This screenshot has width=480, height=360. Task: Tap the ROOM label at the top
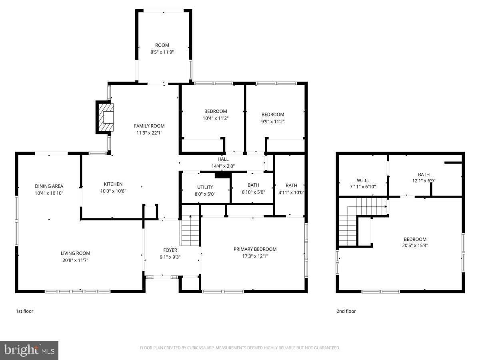pyautogui.click(x=162, y=45)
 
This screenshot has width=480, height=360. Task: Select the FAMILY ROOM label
pyautogui.click(x=149, y=126)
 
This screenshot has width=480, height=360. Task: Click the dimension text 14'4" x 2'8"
pyautogui.click(x=223, y=166)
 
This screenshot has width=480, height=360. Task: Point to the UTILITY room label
pyautogui.click(x=205, y=187)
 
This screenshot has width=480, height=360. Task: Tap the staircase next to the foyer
pyautogui.click(x=190, y=231)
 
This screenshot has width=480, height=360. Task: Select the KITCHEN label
pyautogui.click(x=113, y=184)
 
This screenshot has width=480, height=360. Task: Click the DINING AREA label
pyautogui.click(x=49, y=186)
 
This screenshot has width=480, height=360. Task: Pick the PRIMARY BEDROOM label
pyautogui.click(x=255, y=249)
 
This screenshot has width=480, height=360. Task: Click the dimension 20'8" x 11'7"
pyautogui.click(x=75, y=260)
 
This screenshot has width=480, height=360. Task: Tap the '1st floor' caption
pyautogui.click(x=24, y=311)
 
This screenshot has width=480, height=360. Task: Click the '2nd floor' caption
pyautogui.click(x=346, y=311)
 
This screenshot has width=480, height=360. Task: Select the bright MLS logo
pyautogui.click(x=29, y=350)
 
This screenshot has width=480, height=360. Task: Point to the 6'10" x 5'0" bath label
pyautogui.click(x=253, y=192)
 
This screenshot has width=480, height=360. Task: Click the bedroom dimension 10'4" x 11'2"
pyautogui.click(x=216, y=118)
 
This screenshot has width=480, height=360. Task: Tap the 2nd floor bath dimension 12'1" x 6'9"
pyautogui.click(x=424, y=181)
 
